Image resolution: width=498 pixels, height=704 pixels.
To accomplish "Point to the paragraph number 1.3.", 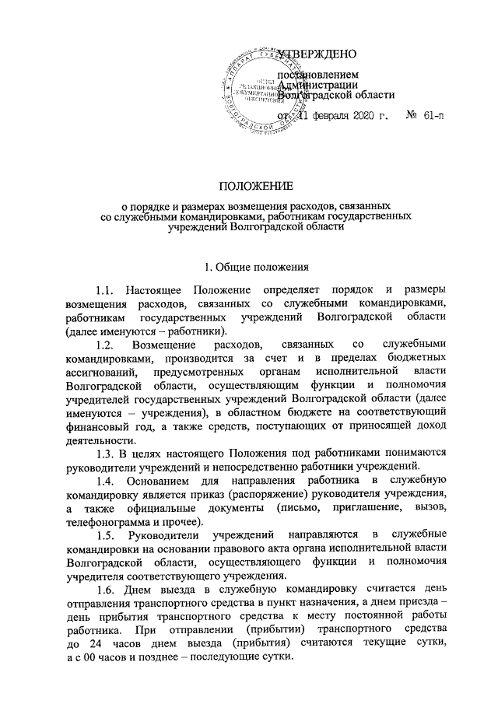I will tap(104, 454).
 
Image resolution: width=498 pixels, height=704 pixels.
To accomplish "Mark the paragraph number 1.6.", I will tap(105, 590).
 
